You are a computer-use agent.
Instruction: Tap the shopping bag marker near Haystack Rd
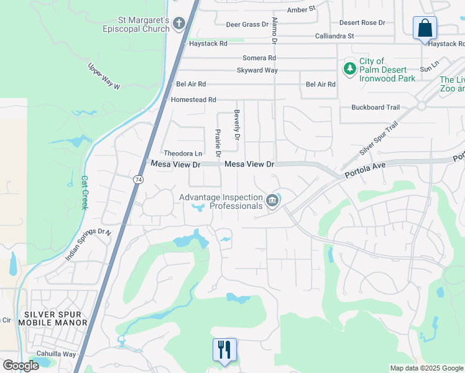coord(425,29)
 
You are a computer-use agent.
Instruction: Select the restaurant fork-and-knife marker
coord(224,349)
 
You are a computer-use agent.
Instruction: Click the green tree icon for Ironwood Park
coord(349,67)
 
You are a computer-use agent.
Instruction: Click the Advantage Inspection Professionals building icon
coord(272,201)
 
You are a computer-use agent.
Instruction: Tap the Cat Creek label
coord(85,192)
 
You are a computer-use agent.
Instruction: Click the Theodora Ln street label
coord(183,154)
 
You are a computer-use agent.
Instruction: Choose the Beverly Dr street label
coord(237,124)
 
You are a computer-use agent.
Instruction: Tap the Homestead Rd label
coord(193,99)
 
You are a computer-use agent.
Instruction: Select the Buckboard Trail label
coord(375,108)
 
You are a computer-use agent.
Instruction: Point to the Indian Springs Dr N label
coord(88,245)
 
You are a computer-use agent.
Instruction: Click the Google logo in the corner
coord(21,366)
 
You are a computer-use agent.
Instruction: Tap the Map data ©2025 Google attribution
coord(426,368)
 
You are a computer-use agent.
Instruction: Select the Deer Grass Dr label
coord(247,24)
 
